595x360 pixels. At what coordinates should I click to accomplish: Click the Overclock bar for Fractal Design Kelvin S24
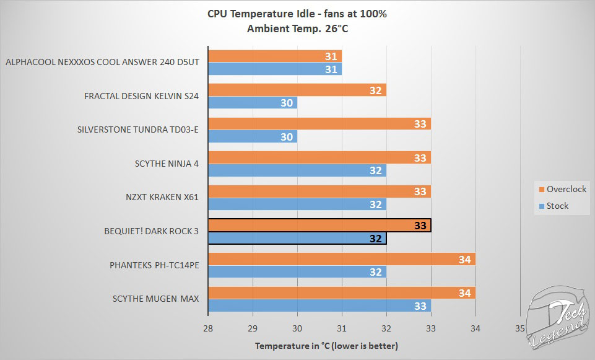(297, 90)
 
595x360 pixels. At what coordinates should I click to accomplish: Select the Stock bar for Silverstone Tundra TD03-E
(253, 136)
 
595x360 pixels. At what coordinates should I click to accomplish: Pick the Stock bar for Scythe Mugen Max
(319, 305)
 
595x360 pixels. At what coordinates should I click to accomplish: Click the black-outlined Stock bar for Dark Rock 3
(297, 238)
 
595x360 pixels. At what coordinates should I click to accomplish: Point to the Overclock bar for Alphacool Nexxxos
(275, 56)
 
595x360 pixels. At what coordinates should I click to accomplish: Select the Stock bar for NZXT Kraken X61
(297, 204)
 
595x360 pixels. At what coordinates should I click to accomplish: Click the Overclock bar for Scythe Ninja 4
(319, 158)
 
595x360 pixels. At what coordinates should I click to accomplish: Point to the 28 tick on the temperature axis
(208, 328)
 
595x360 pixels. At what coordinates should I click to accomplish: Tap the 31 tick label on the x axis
(342, 328)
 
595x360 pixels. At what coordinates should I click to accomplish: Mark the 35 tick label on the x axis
(519, 328)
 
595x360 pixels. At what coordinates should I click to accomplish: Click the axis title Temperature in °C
(326, 346)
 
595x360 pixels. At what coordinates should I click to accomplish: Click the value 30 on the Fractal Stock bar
(287, 103)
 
